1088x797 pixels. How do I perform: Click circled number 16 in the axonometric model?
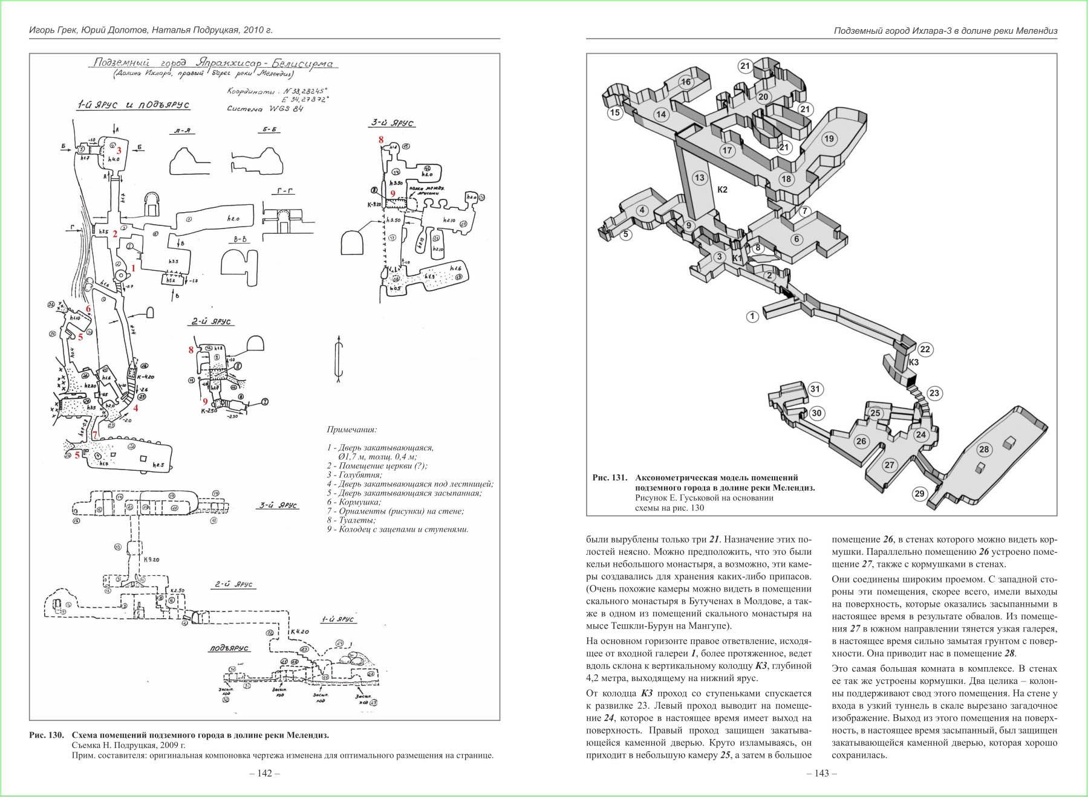pyautogui.click(x=686, y=82)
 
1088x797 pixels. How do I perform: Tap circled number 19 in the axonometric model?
pyautogui.click(x=829, y=138)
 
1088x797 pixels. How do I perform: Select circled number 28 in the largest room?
pyautogui.click(x=984, y=449)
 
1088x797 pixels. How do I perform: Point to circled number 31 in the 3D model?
pyautogui.click(x=815, y=389)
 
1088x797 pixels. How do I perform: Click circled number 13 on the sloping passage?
pyautogui.click(x=700, y=178)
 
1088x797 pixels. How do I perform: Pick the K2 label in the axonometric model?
pyautogui.click(x=722, y=190)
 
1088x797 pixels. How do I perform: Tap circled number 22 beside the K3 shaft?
pyautogui.click(x=925, y=349)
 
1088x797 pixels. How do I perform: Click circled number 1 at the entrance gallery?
pyautogui.click(x=752, y=316)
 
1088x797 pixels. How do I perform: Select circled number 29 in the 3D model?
pyautogui.click(x=919, y=494)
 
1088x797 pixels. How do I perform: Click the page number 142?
pyautogui.click(x=265, y=773)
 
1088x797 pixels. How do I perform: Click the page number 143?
pyautogui.click(x=821, y=773)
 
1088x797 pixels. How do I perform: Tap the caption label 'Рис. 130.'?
pyautogui.click(x=47, y=735)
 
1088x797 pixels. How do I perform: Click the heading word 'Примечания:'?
pyautogui.click(x=351, y=430)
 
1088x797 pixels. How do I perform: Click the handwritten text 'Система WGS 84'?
pyautogui.click(x=265, y=109)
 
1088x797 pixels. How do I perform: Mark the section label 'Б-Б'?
pyautogui.click(x=269, y=130)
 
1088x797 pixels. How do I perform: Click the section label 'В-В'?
pyautogui.click(x=240, y=240)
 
